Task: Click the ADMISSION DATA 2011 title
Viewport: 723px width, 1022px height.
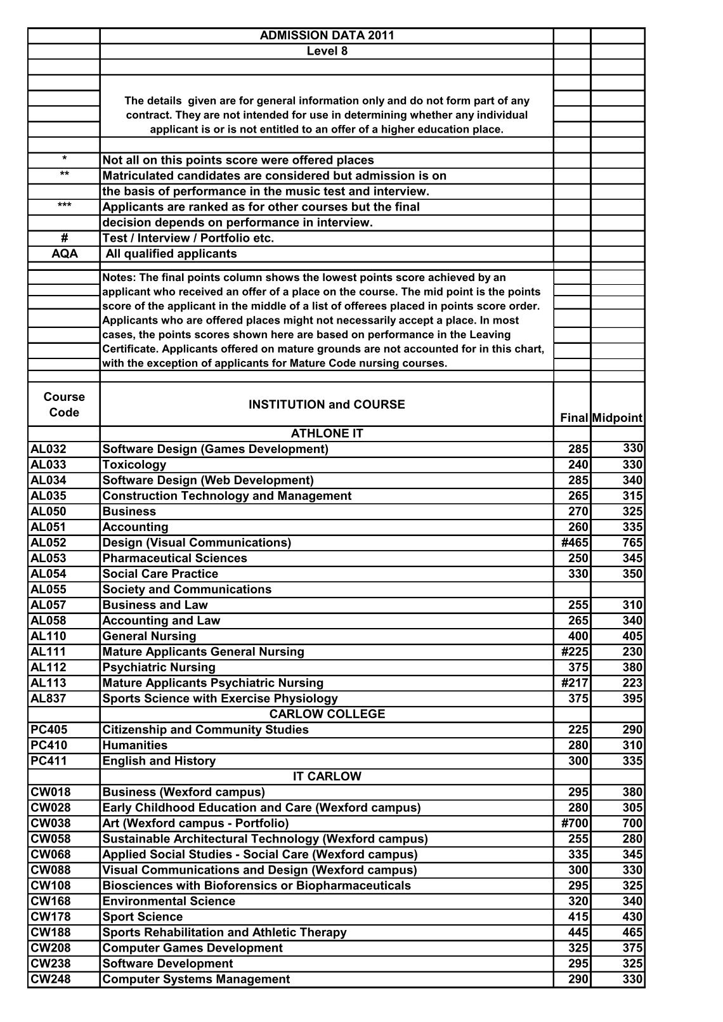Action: (x=327, y=36)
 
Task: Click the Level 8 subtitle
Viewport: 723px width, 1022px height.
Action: (x=327, y=51)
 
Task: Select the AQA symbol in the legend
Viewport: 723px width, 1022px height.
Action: (x=63, y=254)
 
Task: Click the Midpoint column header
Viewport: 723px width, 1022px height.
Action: (x=618, y=418)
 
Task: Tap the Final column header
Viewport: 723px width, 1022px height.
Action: (x=574, y=418)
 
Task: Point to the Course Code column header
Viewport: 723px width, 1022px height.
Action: (x=63, y=405)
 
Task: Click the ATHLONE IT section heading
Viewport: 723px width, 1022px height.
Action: (x=327, y=434)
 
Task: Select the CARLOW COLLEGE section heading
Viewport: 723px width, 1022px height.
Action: (x=327, y=714)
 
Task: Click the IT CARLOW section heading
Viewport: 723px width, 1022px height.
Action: (x=327, y=776)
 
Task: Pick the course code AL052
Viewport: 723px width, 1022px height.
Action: (x=48, y=543)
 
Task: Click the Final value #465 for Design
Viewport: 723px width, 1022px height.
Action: (x=574, y=543)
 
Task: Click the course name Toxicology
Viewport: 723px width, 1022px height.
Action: (x=134, y=465)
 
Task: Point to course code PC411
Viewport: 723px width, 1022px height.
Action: (x=48, y=761)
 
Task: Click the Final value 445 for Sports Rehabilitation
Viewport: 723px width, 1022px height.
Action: (x=578, y=933)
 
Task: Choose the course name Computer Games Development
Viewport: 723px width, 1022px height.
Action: (x=192, y=948)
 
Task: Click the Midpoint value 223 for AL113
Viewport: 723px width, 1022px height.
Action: (x=632, y=683)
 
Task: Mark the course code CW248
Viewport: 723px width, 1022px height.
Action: (x=50, y=979)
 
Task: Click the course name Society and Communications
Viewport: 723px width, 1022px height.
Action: (x=186, y=589)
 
